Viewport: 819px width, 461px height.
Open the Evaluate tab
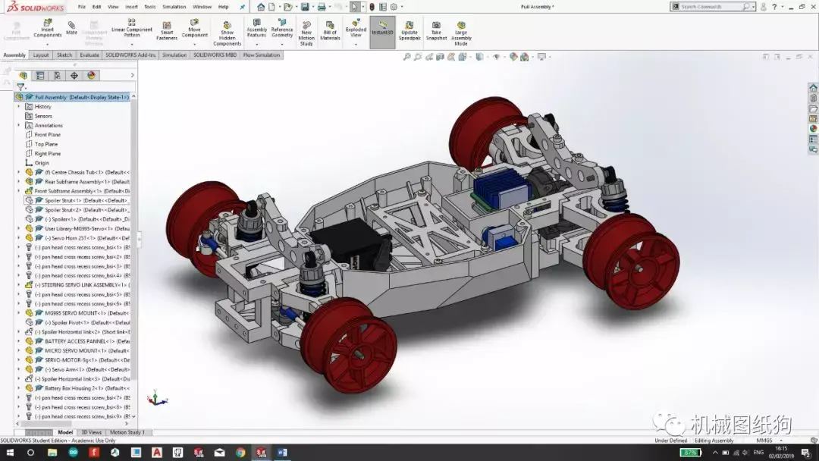[89, 55]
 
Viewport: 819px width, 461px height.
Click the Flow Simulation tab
[262, 55]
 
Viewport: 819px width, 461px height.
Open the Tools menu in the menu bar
[150, 7]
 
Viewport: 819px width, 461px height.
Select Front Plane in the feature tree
[47, 135]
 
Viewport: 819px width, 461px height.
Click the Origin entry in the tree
[42, 163]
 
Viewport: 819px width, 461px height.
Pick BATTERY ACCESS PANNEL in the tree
[76, 341]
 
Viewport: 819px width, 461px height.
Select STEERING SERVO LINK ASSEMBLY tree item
[76, 285]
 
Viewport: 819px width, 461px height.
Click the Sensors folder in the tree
[43, 116]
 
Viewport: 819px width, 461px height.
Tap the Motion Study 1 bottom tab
[127, 432]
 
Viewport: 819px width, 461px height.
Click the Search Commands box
[709, 7]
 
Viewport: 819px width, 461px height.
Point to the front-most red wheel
[350, 344]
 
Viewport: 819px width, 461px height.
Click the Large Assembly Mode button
[461, 32]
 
